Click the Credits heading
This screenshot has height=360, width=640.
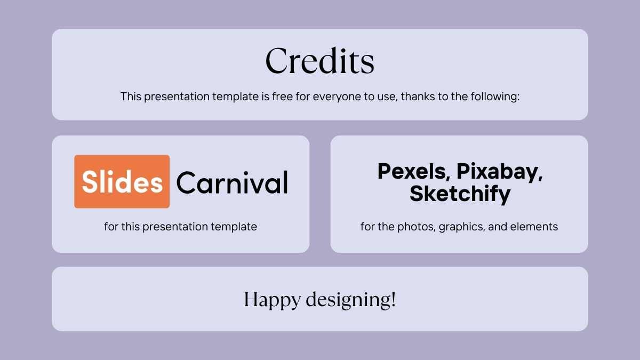click(319, 61)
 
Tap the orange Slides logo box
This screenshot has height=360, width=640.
click(122, 181)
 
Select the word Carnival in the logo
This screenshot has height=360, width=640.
click(233, 182)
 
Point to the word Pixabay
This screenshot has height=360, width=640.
click(499, 172)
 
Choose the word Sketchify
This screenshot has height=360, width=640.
click(460, 194)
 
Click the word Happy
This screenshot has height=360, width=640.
click(273, 300)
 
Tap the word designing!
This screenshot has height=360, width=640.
click(351, 300)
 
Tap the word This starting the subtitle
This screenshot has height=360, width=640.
click(131, 97)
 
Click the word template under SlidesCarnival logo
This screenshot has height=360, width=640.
click(234, 227)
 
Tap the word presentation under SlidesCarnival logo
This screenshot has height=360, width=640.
click(175, 227)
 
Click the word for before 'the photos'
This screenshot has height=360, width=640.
click(367, 227)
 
